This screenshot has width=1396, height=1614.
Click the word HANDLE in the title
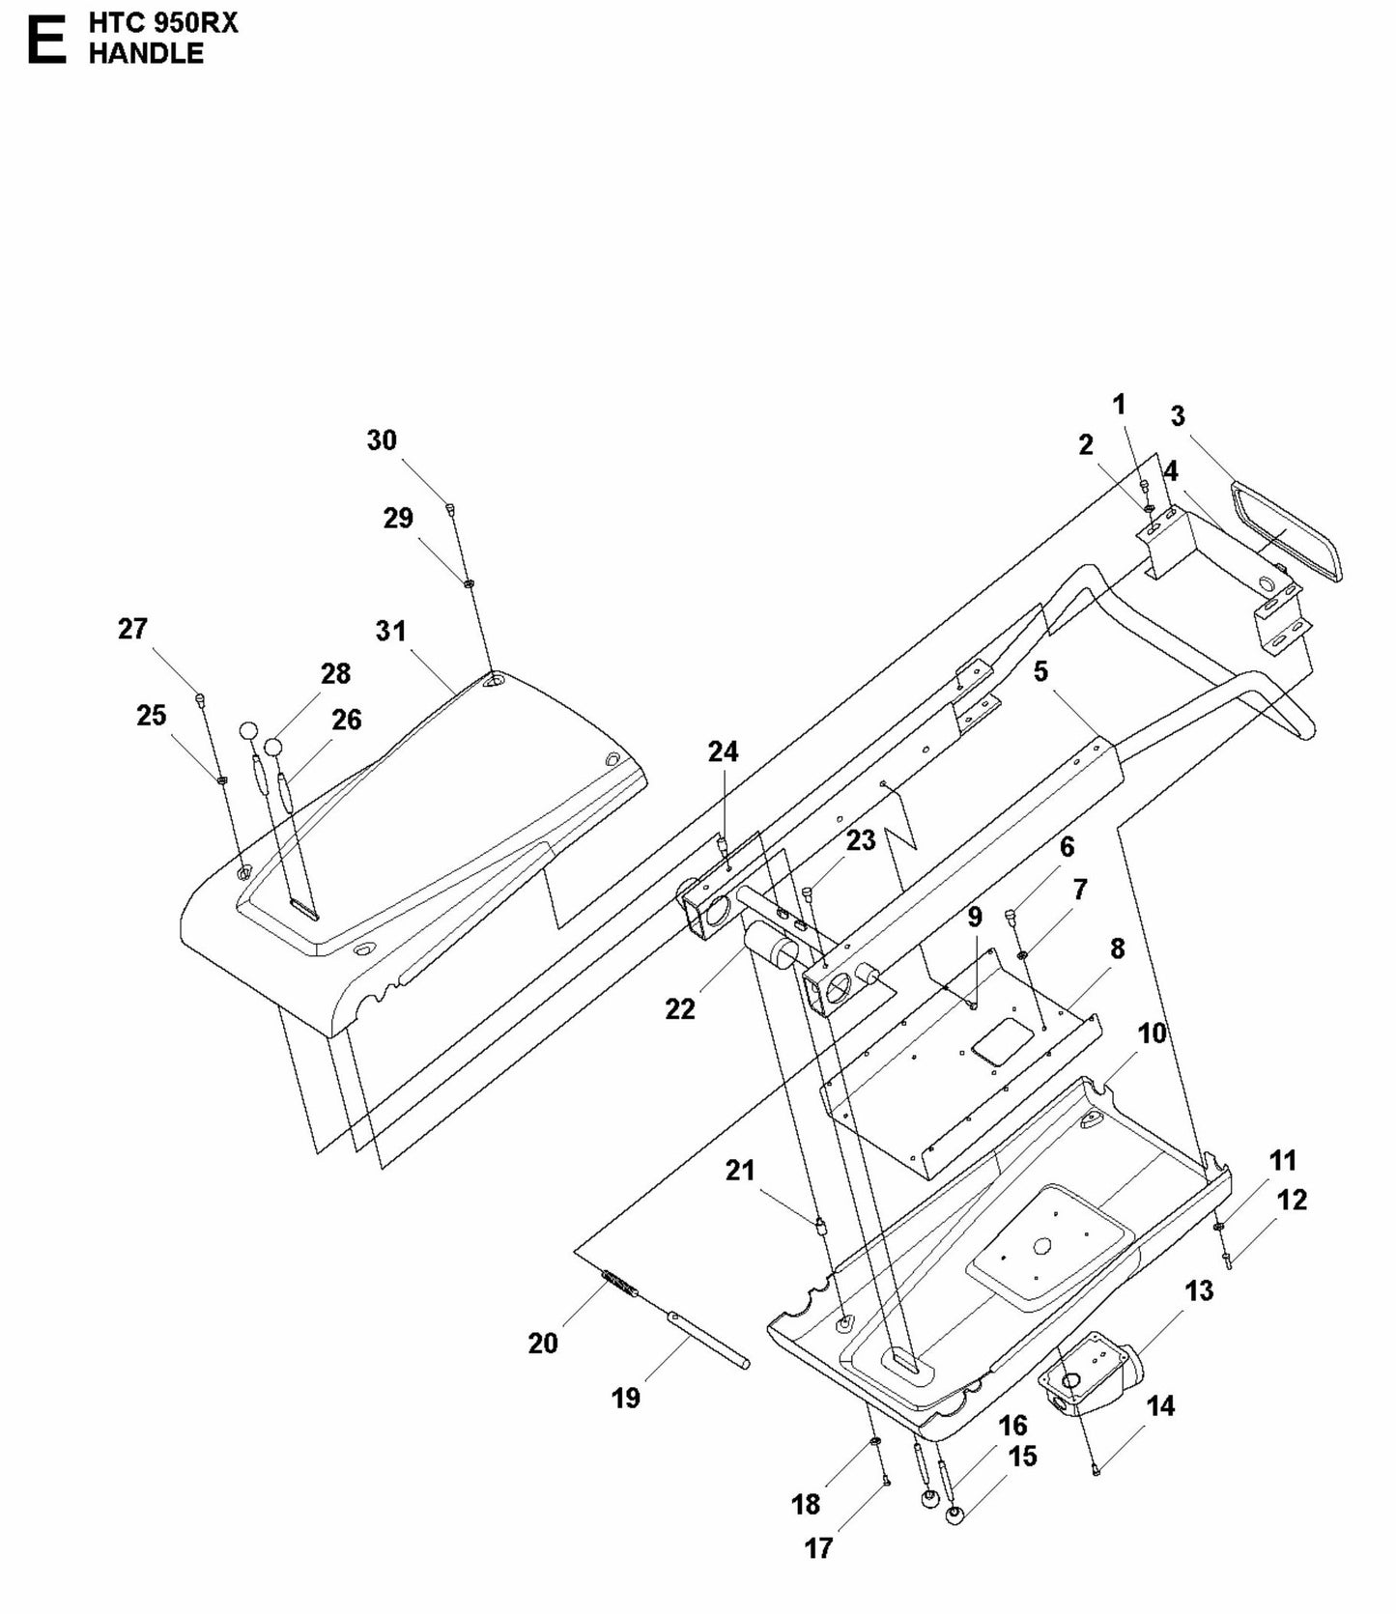point(146,54)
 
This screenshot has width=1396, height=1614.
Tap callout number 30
point(382,440)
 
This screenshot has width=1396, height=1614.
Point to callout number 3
point(1177,416)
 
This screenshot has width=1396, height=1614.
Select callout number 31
point(390,631)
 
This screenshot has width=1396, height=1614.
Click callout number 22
point(680,1009)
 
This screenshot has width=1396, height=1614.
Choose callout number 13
point(1199,1290)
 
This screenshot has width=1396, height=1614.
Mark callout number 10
point(1152,1034)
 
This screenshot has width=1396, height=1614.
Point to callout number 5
point(1040,671)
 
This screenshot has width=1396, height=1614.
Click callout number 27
point(132,629)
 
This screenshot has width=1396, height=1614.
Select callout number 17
point(818,1548)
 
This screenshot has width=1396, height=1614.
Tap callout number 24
point(723,751)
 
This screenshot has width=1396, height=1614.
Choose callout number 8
point(1117,949)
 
